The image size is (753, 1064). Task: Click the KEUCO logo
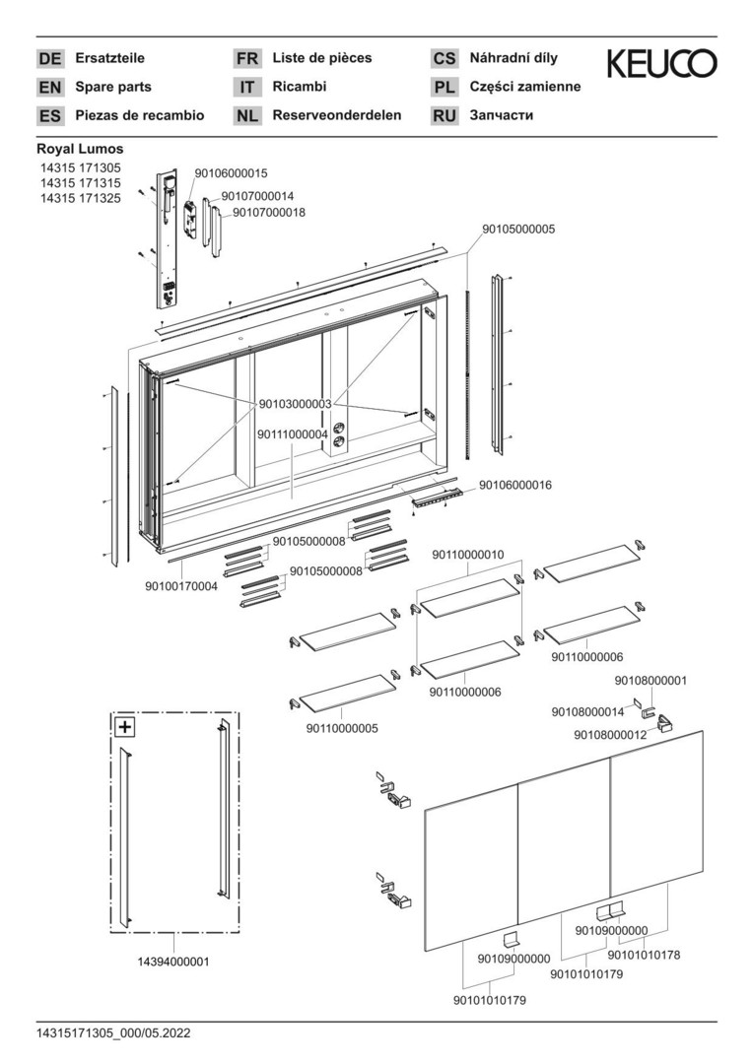point(661,65)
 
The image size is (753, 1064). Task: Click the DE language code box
point(49,59)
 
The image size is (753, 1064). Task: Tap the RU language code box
point(445,116)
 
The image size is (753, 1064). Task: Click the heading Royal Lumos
point(80,149)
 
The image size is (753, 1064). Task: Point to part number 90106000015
point(231,172)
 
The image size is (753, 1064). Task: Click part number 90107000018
point(268,212)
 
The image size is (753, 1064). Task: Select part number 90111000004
point(293,433)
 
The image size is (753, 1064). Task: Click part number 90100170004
point(181,586)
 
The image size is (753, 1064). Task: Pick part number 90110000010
point(468,555)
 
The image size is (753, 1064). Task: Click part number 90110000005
point(341,728)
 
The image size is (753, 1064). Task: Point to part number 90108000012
point(610,734)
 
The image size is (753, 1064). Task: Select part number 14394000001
point(172,961)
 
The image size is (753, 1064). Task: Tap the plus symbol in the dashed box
point(125,728)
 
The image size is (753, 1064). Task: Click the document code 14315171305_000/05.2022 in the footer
point(113,1033)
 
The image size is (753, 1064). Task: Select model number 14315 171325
point(79,198)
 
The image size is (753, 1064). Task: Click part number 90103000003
point(296,404)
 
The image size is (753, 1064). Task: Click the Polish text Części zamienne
point(525,87)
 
